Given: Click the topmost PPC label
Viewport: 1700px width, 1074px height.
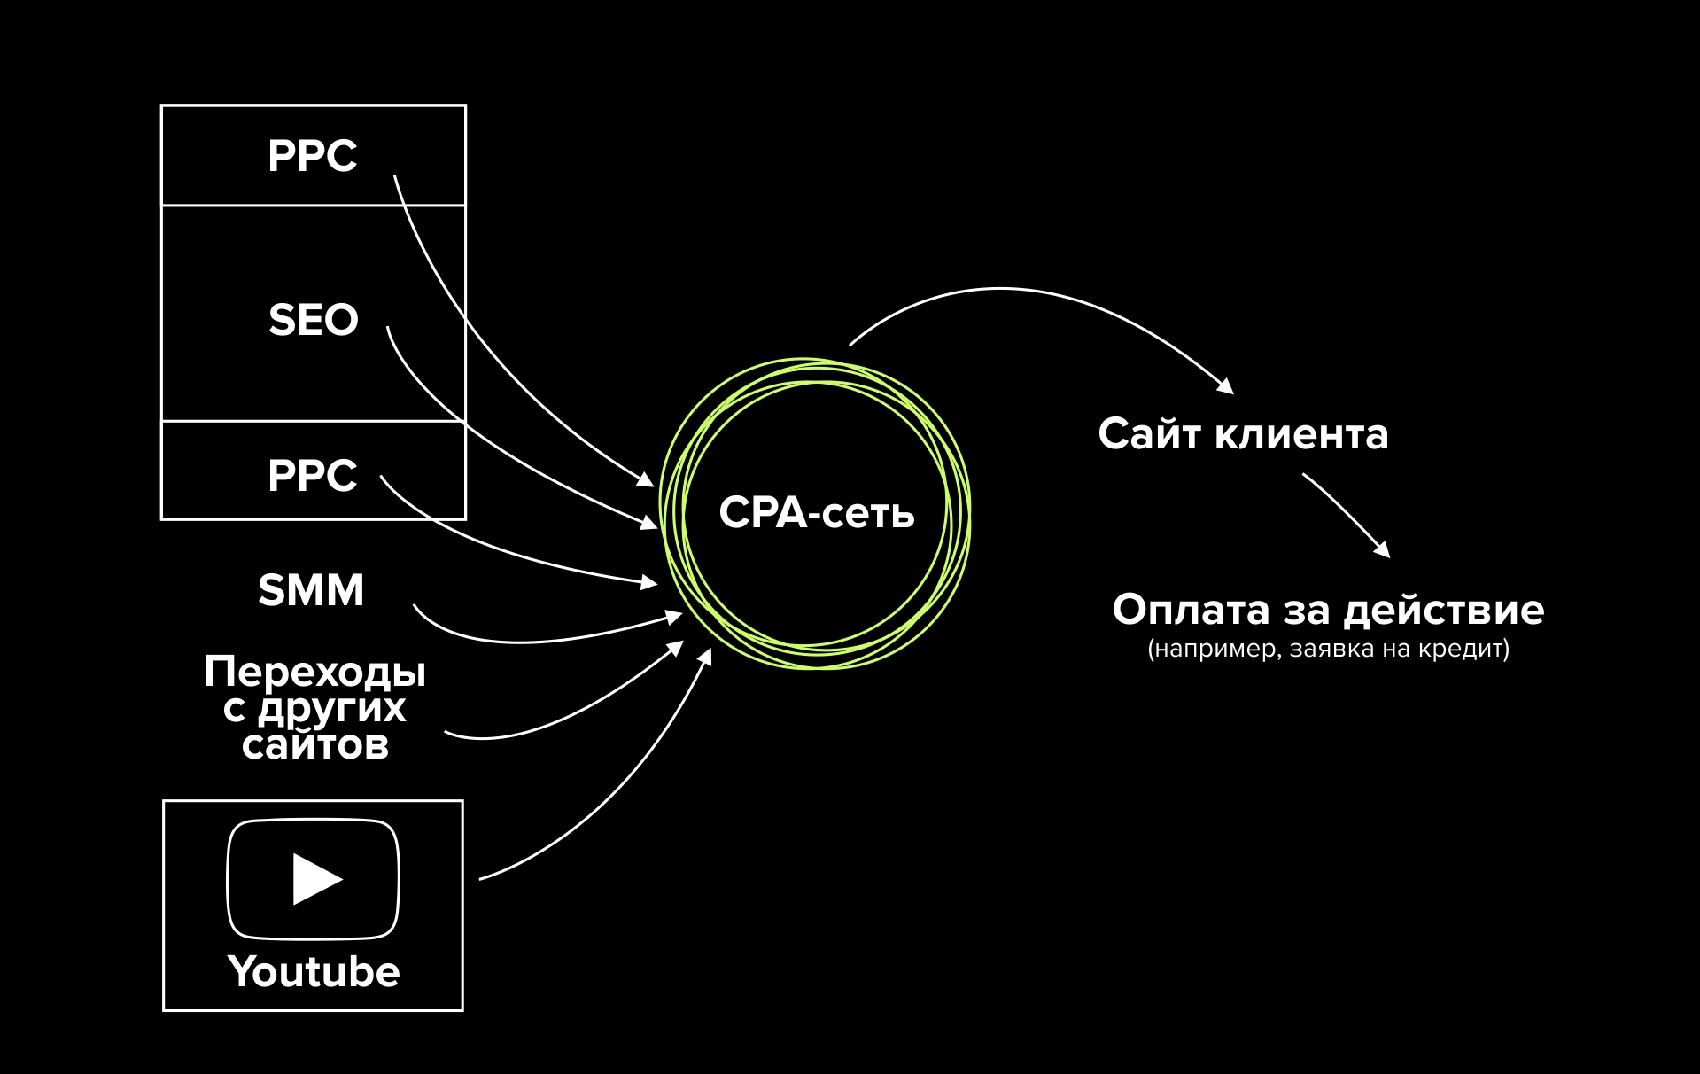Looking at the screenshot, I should coord(312,156).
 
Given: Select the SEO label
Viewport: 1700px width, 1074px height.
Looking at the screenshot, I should coord(313,320).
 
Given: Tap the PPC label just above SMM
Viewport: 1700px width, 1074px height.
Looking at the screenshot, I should coord(312,476).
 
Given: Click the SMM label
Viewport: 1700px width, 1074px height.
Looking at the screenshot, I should coord(311,590).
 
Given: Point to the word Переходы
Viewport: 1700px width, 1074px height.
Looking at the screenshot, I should coord(314,672).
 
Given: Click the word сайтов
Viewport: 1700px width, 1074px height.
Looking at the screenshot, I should coord(315,745).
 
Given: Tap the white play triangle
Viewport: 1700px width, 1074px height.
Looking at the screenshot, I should coord(315,879).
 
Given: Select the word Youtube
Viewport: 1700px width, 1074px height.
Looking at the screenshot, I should coord(314,972).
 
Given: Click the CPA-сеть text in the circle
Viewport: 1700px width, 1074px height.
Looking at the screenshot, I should coord(816,513).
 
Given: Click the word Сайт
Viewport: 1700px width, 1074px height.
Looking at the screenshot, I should coord(1149,434).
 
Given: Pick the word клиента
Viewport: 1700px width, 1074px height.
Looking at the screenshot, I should coord(1301,434).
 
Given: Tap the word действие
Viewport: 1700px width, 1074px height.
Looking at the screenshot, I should coord(1444,611).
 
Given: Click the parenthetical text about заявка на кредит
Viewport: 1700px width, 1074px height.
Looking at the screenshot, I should coord(1328,650).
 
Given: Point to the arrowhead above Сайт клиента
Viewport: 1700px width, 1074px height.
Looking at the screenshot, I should coord(1226,386).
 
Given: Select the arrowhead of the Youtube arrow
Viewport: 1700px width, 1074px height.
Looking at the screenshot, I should coord(706,656).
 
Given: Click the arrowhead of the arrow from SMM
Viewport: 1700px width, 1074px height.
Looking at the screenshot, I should coord(675,616).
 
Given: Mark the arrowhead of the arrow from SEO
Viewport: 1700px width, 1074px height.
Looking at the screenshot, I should coord(650,523).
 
